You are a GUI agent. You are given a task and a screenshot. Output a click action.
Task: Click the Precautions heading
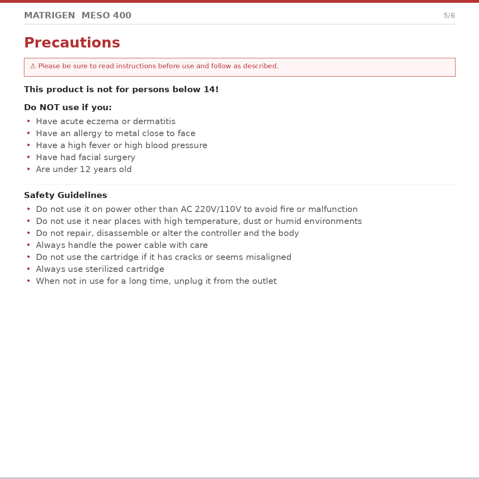[x=72, y=43]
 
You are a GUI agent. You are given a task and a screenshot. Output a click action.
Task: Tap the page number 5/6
[x=449, y=16]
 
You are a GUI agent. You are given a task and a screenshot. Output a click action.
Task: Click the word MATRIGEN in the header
[x=49, y=16]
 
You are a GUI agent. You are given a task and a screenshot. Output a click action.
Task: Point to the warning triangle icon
[x=33, y=66]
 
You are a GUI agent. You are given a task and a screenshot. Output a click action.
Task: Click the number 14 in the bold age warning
[x=209, y=89]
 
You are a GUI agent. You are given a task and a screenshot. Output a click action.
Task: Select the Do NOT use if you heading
[x=68, y=107]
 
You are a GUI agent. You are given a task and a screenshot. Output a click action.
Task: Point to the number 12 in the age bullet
[x=85, y=169]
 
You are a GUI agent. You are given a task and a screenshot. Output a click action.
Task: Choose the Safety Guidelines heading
[x=65, y=195]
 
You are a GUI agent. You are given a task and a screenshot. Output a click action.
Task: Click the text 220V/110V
[x=218, y=209]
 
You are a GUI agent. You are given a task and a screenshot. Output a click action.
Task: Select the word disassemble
[x=121, y=233]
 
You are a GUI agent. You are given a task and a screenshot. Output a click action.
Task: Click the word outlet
[x=265, y=281]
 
